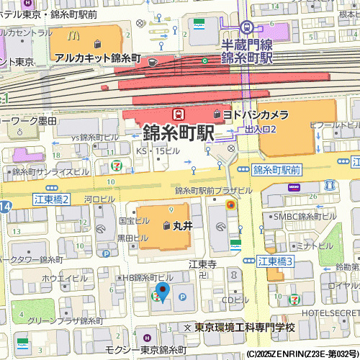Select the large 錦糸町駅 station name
pyautogui.click(x=179, y=134)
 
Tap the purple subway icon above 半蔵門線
pyautogui.click(x=247, y=27)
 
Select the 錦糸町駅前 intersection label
pyautogui.click(x=277, y=171)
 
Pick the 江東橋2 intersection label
pyautogui.click(x=50, y=199)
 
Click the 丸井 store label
pyautogui.click(x=183, y=225)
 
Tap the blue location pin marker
pyautogui.click(x=163, y=292)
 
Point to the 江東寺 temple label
pyautogui.click(x=202, y=264)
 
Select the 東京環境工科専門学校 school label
pyautogui.click(x=245, y=328)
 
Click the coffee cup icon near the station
pyautogui.click(x=152, y=62)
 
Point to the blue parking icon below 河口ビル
pyautogui.click(x=106, y=253)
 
